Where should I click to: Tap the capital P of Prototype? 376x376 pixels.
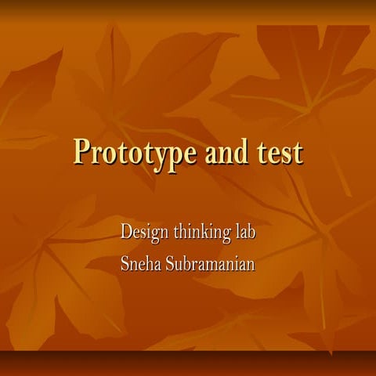coord(82,150)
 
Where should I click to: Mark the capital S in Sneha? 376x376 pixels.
coord(125,262)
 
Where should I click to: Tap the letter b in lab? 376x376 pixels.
coord(252,232)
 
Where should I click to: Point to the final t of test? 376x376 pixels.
coord(298,152)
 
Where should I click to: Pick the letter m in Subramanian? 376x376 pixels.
coord(215,263)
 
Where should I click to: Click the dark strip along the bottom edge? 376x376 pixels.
coord(188,363)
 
